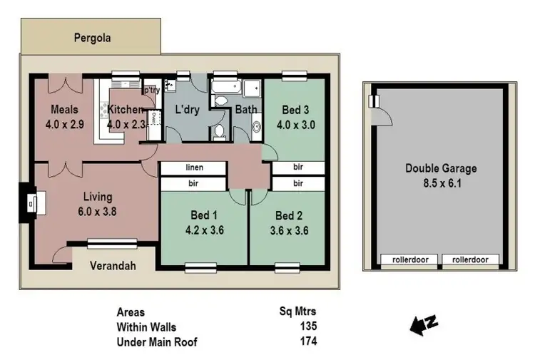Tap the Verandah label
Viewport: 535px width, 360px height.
pyautogui.click(x=113, y=267)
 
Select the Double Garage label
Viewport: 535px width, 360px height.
pyautogui.click(x=440, y=169)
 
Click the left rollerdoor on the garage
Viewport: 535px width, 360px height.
pyautogui.click(x=410, y=259)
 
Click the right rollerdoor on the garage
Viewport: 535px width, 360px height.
pyautogui.click(x=470, y=259)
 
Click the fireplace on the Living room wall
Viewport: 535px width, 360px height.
pyautogui.click(x=29, y=203)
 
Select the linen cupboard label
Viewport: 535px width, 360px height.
pyautogui.click(x=194, y=168)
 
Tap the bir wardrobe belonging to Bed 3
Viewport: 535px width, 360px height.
pyautogui.click(x=298, y=168)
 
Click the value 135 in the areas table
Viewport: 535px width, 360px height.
pyautogui.click(x=307, y=326)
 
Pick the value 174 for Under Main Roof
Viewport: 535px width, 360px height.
pyautogui.click(x=307, y=341)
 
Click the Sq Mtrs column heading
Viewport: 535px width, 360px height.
pyautogui.click(x=297, y=312)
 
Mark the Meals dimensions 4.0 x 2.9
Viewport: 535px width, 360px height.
pyautogui.click(x=64, y=123)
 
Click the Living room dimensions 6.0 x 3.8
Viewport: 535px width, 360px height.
pyautogui.click(x=98, y=210)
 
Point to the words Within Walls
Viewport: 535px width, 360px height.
pyautogui.click(x=147, y=326)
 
